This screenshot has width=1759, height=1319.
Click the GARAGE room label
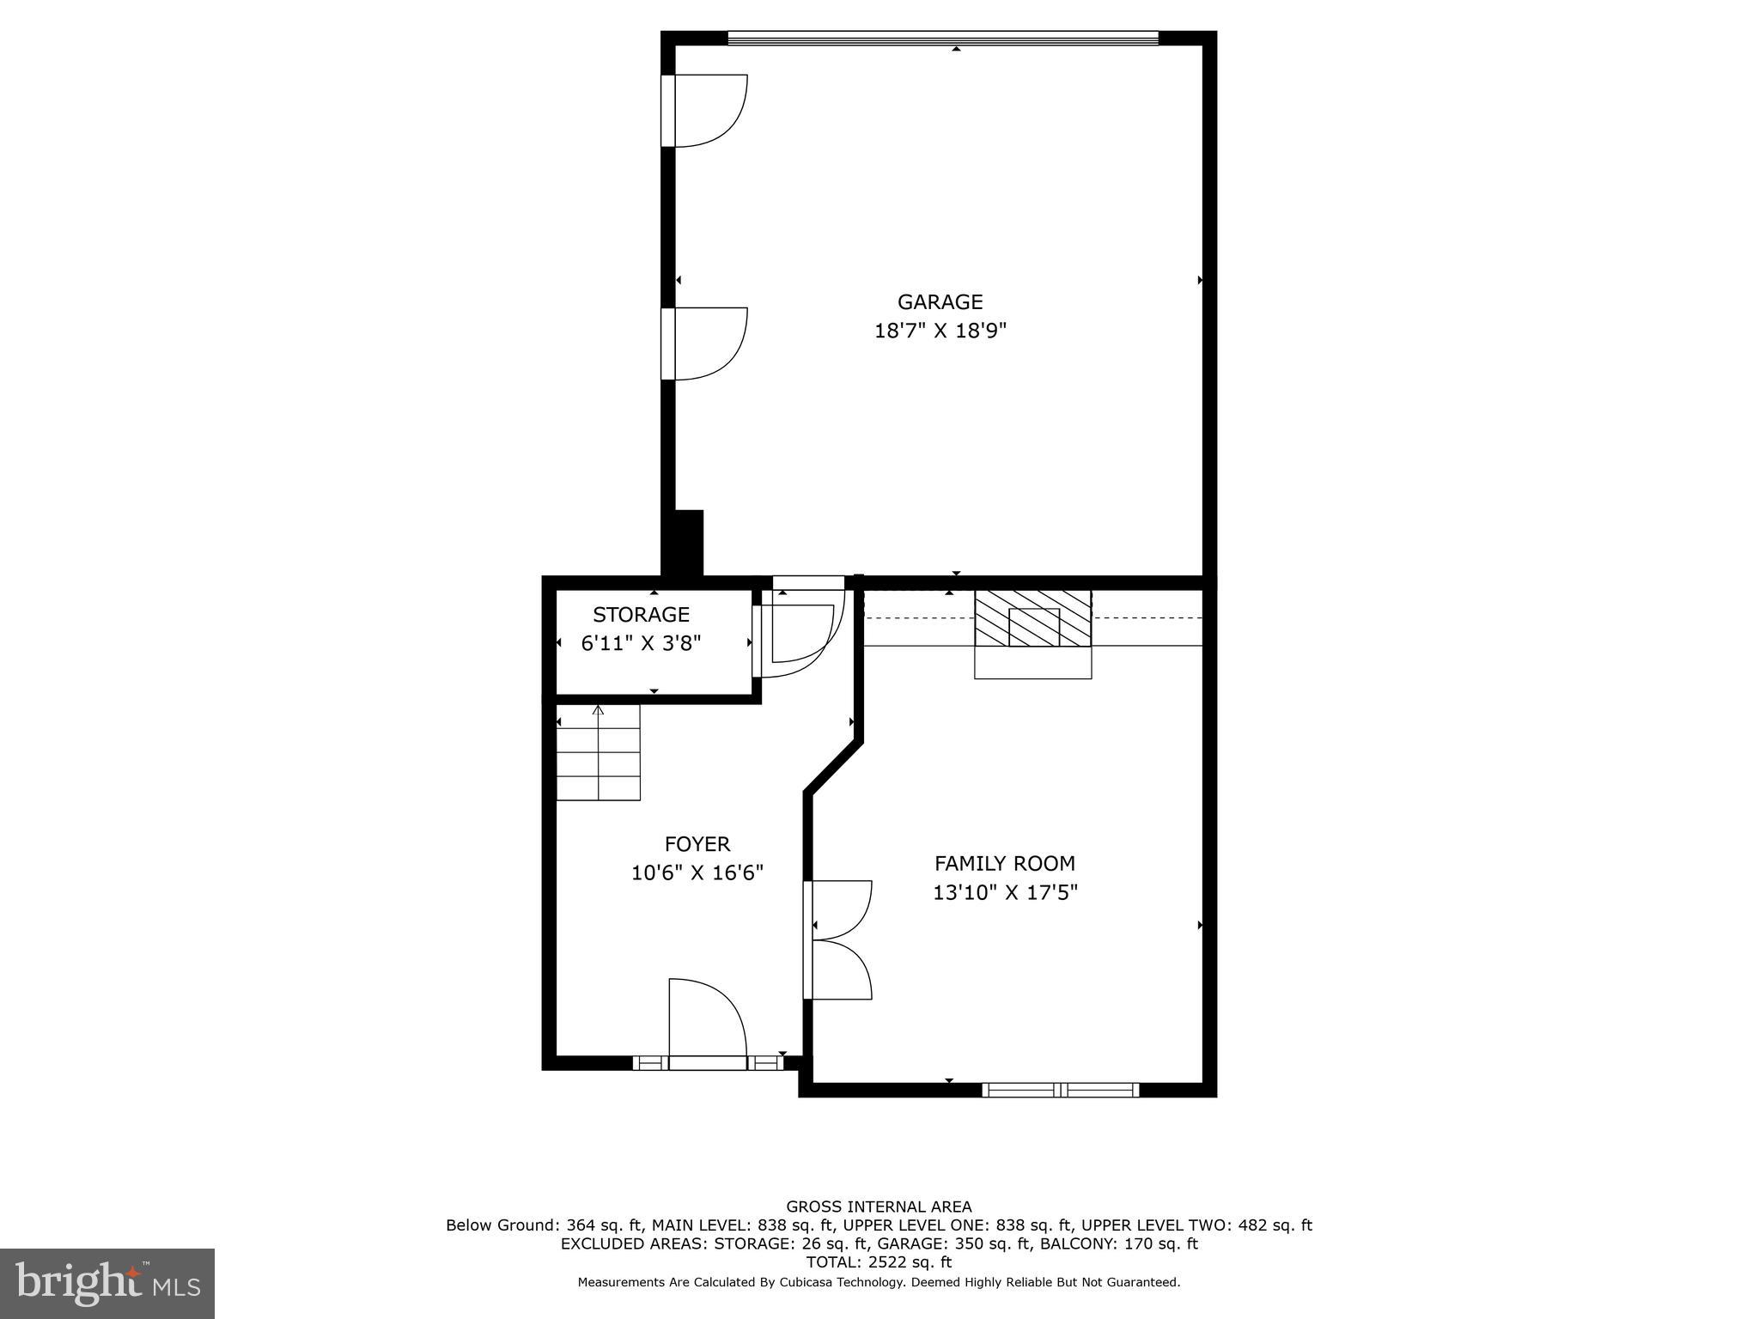click(940, 302)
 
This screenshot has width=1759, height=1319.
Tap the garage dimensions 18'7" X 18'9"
click(940, 331)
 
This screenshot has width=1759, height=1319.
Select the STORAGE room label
click(641, 615)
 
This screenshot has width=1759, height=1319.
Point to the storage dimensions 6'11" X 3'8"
click(641, 643)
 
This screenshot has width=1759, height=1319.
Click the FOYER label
click(697, 844)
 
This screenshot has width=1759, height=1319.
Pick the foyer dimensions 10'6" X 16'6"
click(697, 873)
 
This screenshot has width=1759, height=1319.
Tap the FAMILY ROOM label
click(1004, 864)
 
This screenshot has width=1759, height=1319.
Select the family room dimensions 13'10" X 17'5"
click(1004, 893)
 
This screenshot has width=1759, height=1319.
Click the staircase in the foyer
click(598, 752)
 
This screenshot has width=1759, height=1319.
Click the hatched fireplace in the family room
click(1032, 619)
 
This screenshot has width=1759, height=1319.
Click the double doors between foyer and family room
click(837, 939)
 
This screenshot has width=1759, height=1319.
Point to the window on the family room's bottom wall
click(1060, 1090)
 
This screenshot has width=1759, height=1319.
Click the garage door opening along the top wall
click(942, 38)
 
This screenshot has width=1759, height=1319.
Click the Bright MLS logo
click(107, 1283)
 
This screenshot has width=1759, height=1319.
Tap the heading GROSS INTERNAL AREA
click(879, 1207)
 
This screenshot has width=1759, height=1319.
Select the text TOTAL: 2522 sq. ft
click(879, 1262)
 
